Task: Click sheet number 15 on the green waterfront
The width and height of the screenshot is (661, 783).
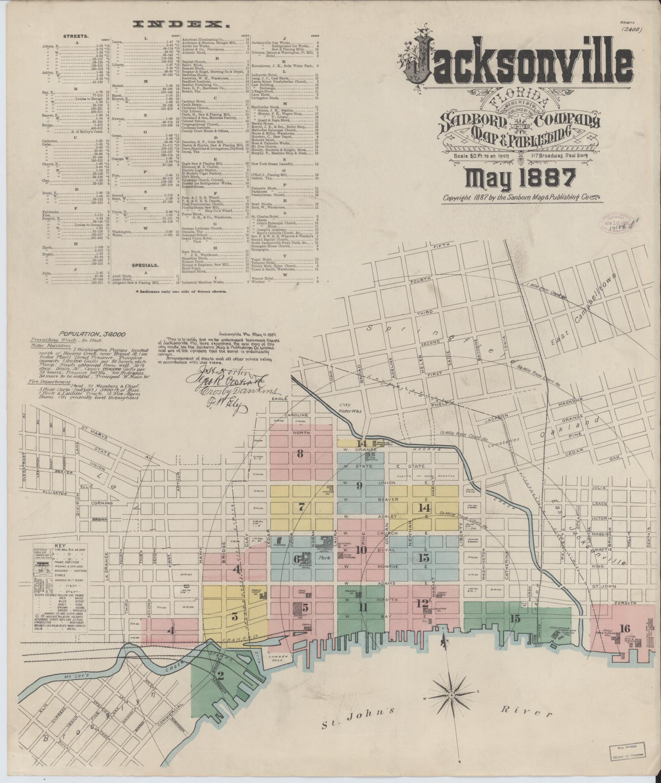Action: (516, 618)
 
